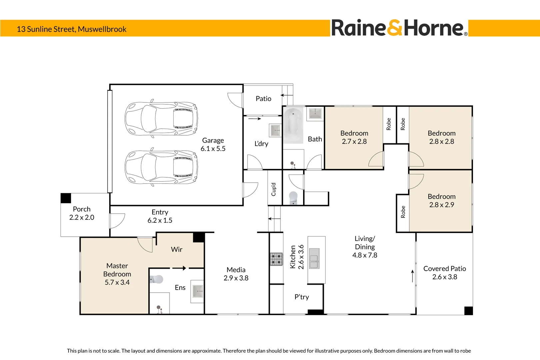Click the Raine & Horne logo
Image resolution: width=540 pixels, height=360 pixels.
pyautogui.click(x=399, y=28)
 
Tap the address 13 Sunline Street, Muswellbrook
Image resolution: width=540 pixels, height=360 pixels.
pyautogui.click(x=72, y=29)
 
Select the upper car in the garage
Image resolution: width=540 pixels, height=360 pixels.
pyautogui.click(x=161, y=119)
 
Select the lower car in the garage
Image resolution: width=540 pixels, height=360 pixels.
pyautogui.click(x=161, y=167)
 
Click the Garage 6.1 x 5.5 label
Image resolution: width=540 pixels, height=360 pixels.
pyautogui.click(x=213, y=145)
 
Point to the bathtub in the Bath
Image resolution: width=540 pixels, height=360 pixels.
pyautogui.click(x=293, y=125)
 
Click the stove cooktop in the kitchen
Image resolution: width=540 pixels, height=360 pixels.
pyautogui.click(x=276, y=259)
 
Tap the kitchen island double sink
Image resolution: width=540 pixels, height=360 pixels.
pyautogui.click(x=314, y=258)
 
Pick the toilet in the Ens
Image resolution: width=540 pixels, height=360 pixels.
pyautogui.click(x=157, y=279)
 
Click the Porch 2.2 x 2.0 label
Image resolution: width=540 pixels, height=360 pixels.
pyautogui.click(x=82, y=213)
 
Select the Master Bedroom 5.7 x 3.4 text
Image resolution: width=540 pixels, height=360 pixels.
pyautogui.click(x=117, y=274)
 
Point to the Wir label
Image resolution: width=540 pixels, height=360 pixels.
pyautogui.click(x=177, y=250)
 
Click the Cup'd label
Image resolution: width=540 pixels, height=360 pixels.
pyautogui.click(x=273, y=189)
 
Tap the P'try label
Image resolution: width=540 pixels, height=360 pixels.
pyautogui.click(x=301, y=297)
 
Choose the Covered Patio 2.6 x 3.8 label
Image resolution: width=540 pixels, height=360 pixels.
pyautogui.click(x=444, y=273)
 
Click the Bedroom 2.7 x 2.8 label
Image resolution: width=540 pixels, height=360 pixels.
pyautogui.click(x=354, y=137)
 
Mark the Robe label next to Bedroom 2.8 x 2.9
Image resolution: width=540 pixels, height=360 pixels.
pyautogui.click(x=403, y=212)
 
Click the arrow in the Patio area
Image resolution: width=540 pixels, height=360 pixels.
pyautogui.click(x=286, y=95)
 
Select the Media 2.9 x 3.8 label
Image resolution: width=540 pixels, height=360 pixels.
pyautogui.click(x=236, y=274)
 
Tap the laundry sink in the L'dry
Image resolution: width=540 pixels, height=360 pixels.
pyautogui.click(x=275, y=130)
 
